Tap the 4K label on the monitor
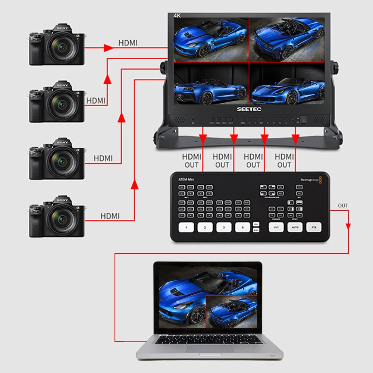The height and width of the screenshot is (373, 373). (x=177, y=15)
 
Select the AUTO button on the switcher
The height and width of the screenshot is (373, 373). (x=295, y=227)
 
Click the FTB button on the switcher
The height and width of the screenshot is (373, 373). (x=314, y=227)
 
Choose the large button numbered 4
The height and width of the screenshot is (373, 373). (x=242, y=227)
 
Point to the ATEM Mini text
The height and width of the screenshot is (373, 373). (x=185, y=179)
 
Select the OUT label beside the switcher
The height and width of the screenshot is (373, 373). (x=343, y=206)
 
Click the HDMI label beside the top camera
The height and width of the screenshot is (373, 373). (x=128, y=43)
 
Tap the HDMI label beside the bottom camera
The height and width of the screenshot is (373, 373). (x=110, y=216)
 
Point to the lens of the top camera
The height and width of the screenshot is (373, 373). (x=59, y=47)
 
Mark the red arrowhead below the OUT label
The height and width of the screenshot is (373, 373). (x=348, y=226)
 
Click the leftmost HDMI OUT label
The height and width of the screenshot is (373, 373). (x=192, y=161)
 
